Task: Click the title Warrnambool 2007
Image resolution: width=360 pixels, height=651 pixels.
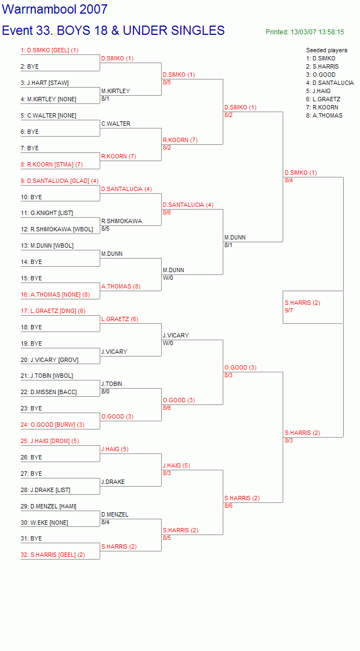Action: [x=55, y=10]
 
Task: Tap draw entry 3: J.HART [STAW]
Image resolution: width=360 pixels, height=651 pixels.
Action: [x=45, y=83]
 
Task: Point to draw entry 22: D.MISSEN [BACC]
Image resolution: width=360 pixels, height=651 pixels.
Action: [x=48, y=392]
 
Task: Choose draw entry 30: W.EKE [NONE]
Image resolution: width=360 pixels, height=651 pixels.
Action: [x=45, y=523]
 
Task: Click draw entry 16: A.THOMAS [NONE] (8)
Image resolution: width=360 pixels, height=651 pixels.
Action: [x=55, y=295]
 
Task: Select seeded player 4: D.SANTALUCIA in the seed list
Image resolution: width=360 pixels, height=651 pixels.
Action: [x=330, y=83]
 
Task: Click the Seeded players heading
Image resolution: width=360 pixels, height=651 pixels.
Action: [x=327, y=50]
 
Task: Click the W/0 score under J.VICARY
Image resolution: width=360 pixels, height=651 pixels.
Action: [x=168, y=343]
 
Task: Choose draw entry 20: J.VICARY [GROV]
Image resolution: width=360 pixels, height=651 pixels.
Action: [x=50, y=360]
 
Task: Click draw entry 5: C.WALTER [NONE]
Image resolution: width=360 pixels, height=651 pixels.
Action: [x=48, y=116]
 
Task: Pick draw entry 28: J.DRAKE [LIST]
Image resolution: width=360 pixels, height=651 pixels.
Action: [x=46, y=490]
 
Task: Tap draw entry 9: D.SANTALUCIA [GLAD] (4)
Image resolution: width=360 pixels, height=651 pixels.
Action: [x=60, y=181]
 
